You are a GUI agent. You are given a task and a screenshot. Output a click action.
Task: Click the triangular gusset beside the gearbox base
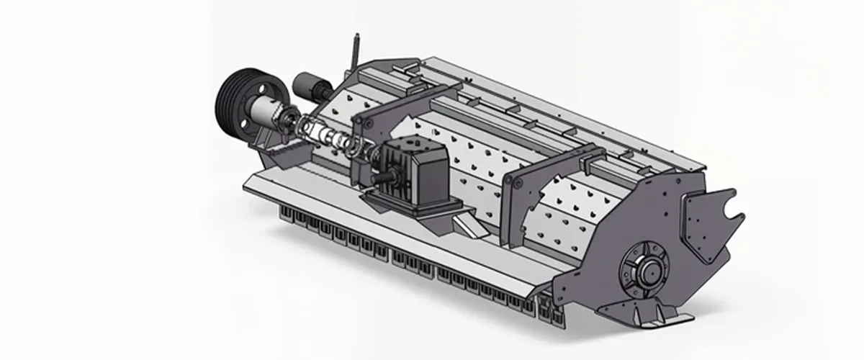[472, 226]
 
